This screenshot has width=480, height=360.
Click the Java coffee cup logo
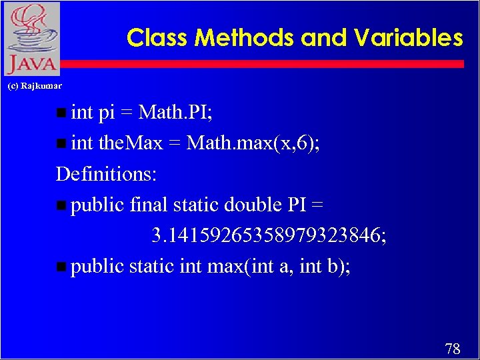31,38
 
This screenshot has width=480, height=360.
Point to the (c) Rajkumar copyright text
34,86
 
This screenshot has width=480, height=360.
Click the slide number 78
452,348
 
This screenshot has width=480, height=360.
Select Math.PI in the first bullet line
175,112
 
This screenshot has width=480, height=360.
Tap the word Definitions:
107,174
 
